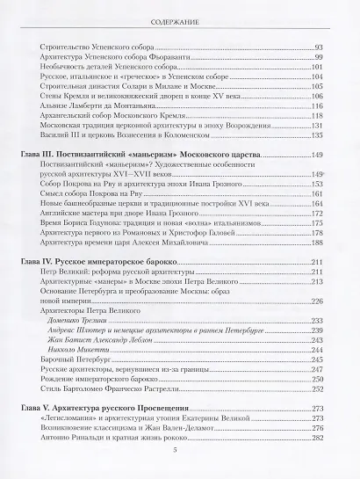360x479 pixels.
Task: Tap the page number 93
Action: (x=320, y=46)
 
